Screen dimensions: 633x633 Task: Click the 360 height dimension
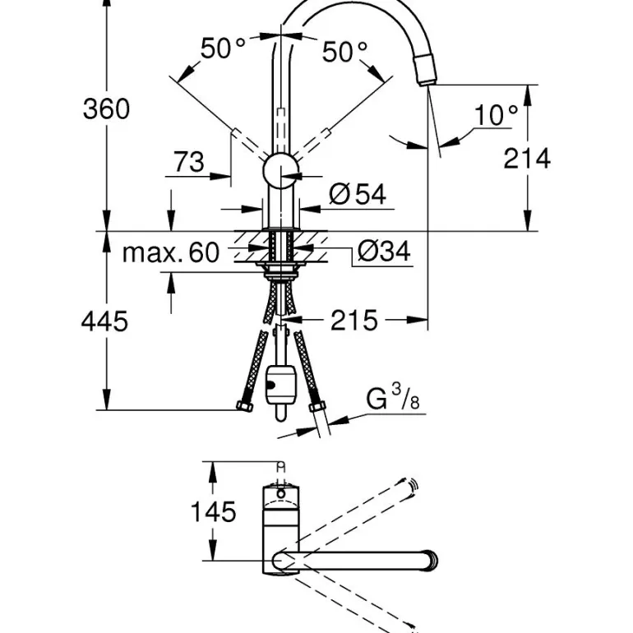pyautogui.click(x=106, y=109)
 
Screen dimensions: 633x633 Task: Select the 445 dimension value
pyautogui.click(x=104, y=321)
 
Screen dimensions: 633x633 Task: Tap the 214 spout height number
pyautogui.click(x=527, y=158)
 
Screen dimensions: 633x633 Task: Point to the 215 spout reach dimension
pyautogui.click(x=354, y=321)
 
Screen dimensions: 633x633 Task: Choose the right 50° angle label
pyautogui.click(x=344, y=53)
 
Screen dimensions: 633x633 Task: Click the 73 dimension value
pyautogui.click(x=189, y=162)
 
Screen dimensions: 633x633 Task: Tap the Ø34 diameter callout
pyautogui.click(x=384, y=252)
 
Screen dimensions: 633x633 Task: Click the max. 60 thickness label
pyautogui.click(x=171, y=252)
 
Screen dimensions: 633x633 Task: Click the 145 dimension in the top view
pyautogui.click(x=213, y=511)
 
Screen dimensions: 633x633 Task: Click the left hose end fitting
pyautogui.click(x=244, y=406)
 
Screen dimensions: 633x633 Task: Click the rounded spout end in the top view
pyautogui.click(x=428, y=561)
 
